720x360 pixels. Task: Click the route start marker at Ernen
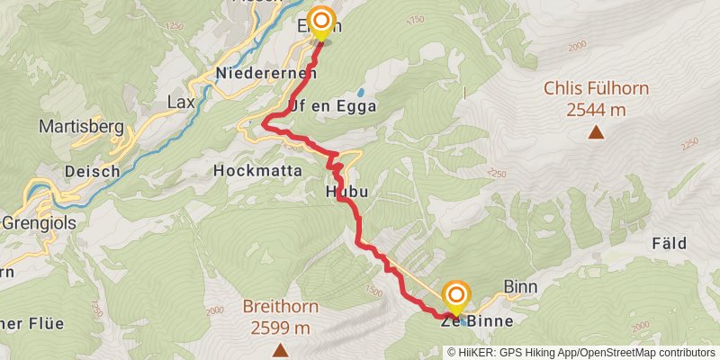[x=321, y=22]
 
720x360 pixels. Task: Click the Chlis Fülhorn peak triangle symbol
[x=595, y=133]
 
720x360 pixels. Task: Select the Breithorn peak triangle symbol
[x=280, y=349]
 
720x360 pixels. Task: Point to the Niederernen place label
[x=265, y=74]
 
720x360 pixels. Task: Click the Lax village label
[x=181, y=103]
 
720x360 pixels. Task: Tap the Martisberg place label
[x=81, y=127]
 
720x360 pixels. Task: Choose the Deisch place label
[x=87, y=169]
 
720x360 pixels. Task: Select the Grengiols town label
[x=36, y=220]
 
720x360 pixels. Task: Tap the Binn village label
[x=519, y=287]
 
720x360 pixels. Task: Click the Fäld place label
[x=669, y=243]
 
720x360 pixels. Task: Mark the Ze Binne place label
[x=477, y=321]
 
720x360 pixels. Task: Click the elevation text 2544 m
[x=596, y=110]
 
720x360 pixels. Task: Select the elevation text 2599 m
[x=280, y=327]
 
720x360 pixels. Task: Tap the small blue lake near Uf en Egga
[x=360, y=92]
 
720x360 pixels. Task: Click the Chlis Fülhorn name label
[x=596, y=90]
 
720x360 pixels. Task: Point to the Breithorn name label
[x=280, y=307]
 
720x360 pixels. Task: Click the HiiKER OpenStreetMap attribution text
[x=581, y=352]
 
